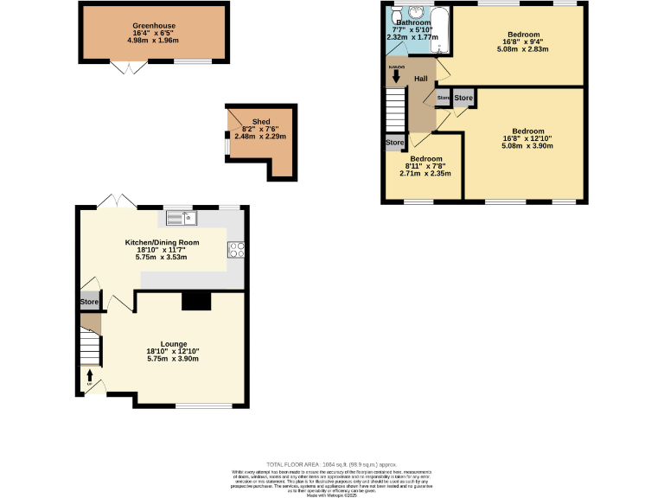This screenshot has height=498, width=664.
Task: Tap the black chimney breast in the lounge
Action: click(196, 300)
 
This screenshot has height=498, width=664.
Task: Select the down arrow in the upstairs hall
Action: click(396, 76)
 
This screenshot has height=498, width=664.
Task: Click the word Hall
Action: click(421, 80)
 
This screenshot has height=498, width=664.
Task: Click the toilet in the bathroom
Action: click(394, 17)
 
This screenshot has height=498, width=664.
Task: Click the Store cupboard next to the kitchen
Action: click(89, 302)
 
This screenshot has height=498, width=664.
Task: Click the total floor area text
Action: click(331, 465)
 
